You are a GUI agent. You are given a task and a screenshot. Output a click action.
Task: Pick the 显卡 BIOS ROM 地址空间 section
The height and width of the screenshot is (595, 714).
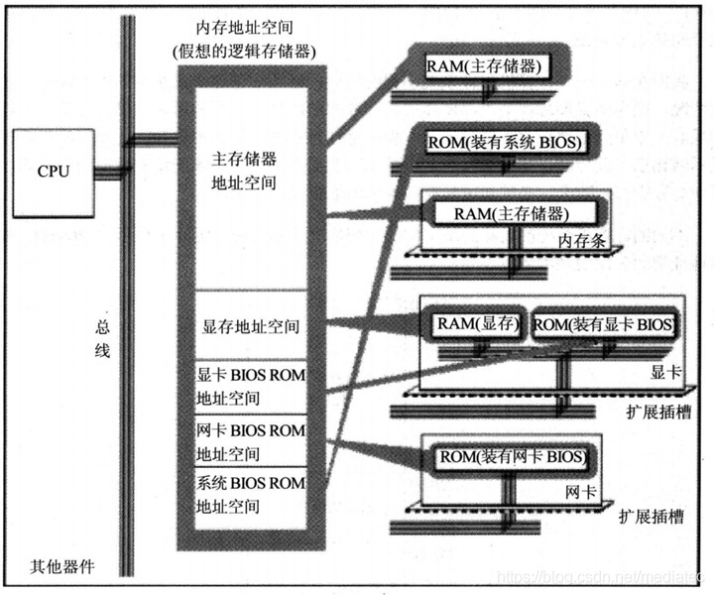[251, 387]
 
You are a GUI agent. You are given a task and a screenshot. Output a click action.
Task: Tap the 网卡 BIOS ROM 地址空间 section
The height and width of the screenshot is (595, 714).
[251, 442]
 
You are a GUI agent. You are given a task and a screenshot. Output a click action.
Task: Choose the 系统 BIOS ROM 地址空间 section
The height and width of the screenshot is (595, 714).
[251, 494]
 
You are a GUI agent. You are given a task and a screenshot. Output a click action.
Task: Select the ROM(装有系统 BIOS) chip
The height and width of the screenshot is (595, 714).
[503, 143]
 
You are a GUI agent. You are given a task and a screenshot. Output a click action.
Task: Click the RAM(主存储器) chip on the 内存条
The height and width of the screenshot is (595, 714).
[512, 212]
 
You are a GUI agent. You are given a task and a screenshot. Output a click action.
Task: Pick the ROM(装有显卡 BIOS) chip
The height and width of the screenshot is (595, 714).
[605, 324]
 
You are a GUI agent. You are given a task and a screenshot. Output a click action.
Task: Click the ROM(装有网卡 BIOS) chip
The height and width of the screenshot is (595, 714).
[512, 457]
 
